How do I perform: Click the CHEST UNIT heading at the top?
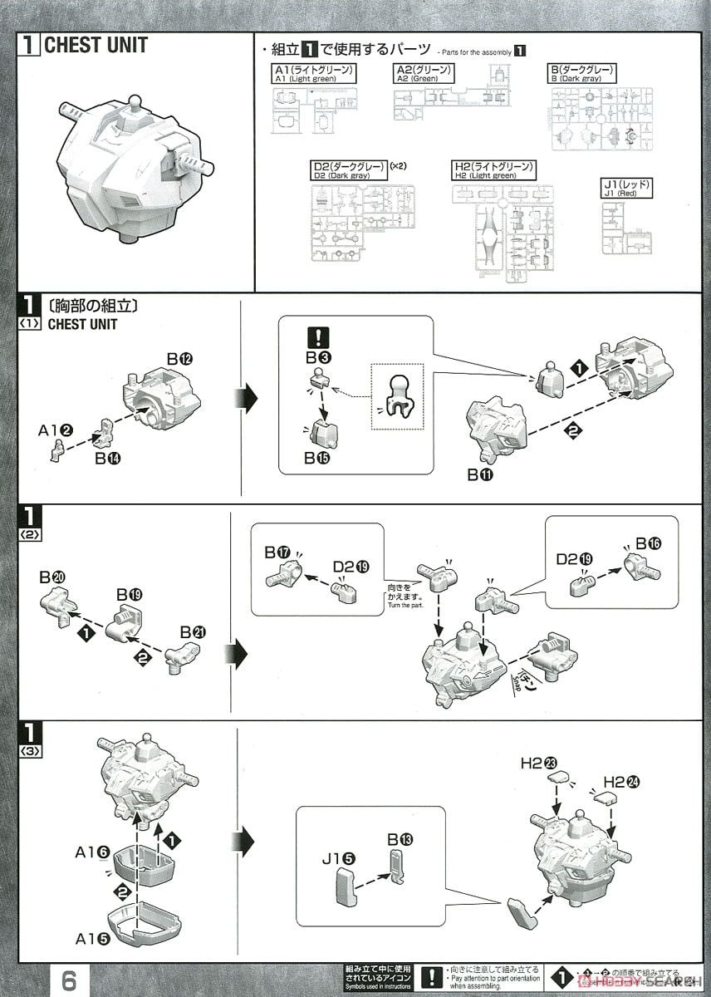click(x=95, y=45)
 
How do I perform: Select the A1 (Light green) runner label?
click(x=315, y=73)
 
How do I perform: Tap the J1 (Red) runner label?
click(x=627, y=189)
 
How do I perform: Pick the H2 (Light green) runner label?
click(x=493, y=170)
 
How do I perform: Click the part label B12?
click(x=179, y=359)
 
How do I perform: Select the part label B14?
click(x=108, y=457)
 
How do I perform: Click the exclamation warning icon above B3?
click(x=318, y=338)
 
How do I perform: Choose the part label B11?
click(x=481, y=475)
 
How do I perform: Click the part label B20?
click(x=51, y=577)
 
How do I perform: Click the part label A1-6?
click(x=92, y=852)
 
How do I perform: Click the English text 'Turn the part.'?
click(x=405, y=605)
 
